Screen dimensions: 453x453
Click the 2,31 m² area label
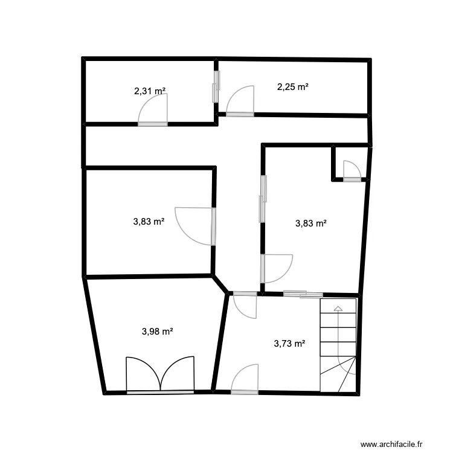coord(150,91)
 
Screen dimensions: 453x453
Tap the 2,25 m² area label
coord(293,86)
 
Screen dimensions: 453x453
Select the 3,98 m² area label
coord(158,331)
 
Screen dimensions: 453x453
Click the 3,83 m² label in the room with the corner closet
coord(311,223)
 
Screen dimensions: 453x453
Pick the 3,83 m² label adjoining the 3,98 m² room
coord(149,222)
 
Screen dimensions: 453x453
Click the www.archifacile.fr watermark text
coord(400,445)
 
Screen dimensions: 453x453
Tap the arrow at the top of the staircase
coord(338,309)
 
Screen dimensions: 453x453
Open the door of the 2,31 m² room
coord(152,112)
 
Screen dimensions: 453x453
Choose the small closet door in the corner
coord(352,171)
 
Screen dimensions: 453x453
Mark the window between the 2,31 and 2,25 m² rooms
coord(216,86)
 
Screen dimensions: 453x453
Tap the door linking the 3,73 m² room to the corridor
coord(245,304)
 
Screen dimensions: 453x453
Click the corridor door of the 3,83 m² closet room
coord(276,268)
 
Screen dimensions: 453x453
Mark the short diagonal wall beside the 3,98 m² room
coord(220,285)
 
